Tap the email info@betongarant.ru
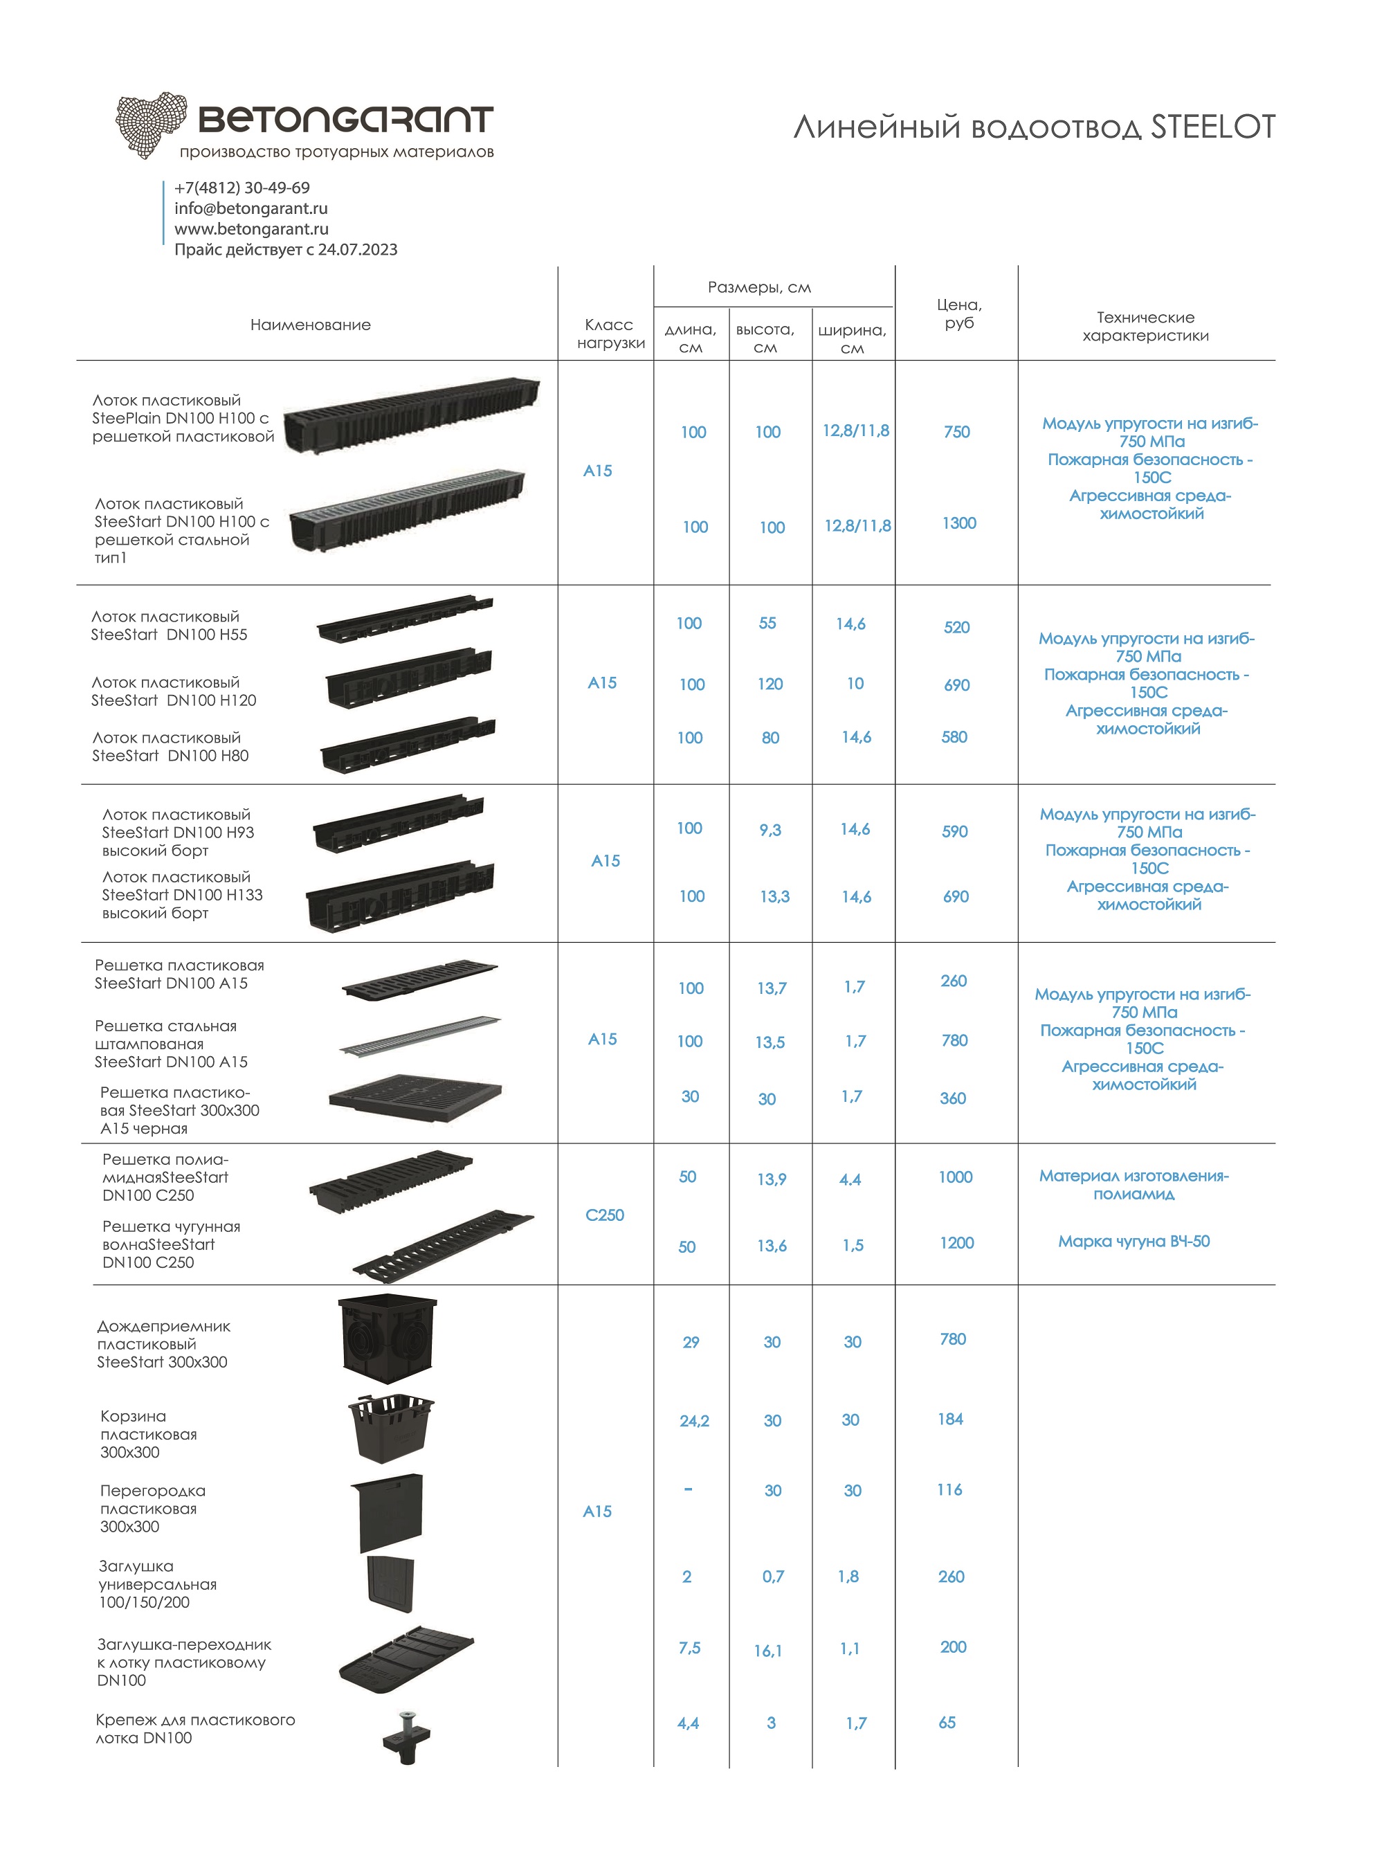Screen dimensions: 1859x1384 (251, 208)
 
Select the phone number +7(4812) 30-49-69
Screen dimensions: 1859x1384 (242, 188)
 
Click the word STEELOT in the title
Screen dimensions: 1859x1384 (1212, 127)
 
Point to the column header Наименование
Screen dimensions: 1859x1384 (310, 325)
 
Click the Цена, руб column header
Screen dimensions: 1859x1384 (958, 314)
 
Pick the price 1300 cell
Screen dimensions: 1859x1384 (958, 524)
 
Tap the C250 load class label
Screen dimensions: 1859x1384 (604, 1215)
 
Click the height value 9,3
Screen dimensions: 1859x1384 (770, 831)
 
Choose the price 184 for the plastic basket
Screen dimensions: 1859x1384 (950, 1420)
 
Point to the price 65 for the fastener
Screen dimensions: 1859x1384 (947, 1723)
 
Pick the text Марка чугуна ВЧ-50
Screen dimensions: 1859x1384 (1133, 1242)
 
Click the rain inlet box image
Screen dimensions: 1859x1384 (388, 1339)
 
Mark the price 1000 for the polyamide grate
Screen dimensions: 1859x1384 (955, 1177)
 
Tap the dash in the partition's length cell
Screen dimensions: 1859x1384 (688, 1489)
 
